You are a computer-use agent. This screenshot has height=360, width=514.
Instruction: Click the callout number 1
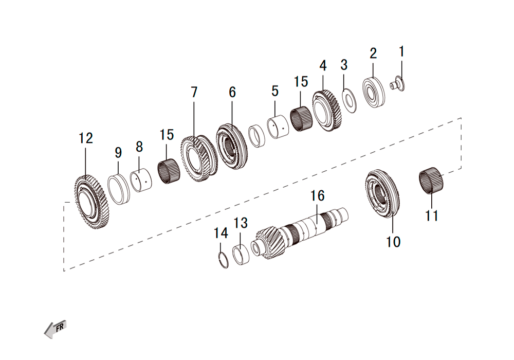coord(401,51)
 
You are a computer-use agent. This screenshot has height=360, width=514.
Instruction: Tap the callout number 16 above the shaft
coord(317,196)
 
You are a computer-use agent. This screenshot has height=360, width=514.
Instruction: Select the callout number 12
coord(86,138)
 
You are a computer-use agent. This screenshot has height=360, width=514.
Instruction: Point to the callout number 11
coord(431,215)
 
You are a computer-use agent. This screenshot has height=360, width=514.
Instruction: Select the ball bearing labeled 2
coord(374,92)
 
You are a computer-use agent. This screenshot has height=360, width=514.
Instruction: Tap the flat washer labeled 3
coord(349,100)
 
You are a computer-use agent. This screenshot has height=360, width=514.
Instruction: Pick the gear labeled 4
coord(327,111)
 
